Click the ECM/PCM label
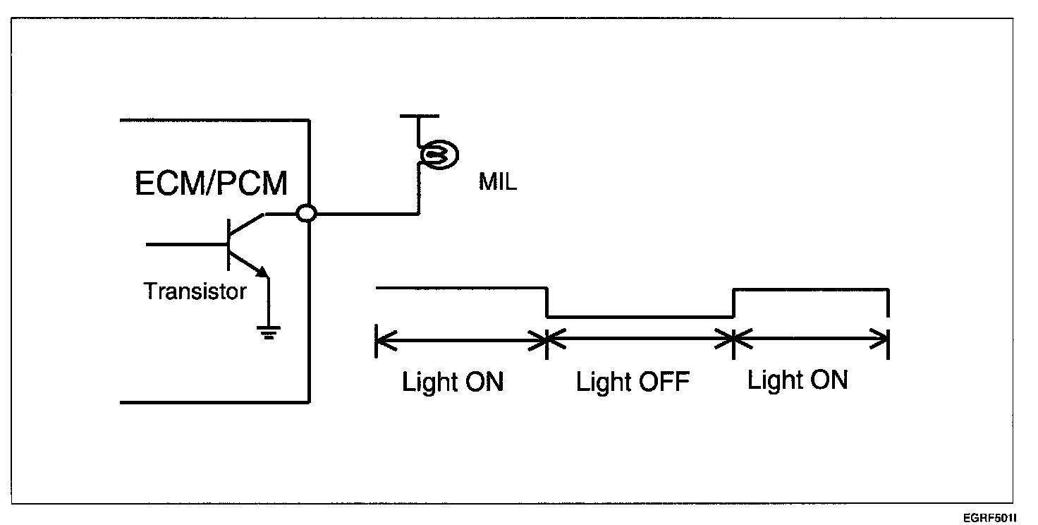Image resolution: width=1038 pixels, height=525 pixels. tap(211, 183)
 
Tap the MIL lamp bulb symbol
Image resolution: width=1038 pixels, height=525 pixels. tap(439, 155)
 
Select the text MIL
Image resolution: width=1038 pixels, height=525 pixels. tap(497, 182)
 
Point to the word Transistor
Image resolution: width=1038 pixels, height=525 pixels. tap(195, 291)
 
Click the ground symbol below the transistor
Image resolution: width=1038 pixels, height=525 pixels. tap(268, 332)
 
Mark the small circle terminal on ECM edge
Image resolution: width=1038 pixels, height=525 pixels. tap(306, 214)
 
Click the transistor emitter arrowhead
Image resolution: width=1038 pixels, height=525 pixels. tap(262, 272)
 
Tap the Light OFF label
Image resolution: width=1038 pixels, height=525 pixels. tap(633, 382)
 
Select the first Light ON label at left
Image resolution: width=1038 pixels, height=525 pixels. tap(452, 382)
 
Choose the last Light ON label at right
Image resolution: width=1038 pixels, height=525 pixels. tap(798, 380)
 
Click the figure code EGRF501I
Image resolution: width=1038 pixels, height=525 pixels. tap(990, 517)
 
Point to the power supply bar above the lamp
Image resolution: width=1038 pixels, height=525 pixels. tap(420, 116)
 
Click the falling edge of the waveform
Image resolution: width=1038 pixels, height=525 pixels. tap(547, 303)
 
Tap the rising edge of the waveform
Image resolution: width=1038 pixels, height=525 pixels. tap(733, 303)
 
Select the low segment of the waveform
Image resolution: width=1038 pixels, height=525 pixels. tap(640, 318)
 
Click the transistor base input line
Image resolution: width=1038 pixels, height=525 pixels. tap(187, 244)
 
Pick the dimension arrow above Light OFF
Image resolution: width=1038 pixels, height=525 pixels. tap(640, 339)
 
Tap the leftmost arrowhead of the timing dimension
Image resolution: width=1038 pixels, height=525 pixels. tap(386, 341)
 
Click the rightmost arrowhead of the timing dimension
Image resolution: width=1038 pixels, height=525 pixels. tap(879, 339)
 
